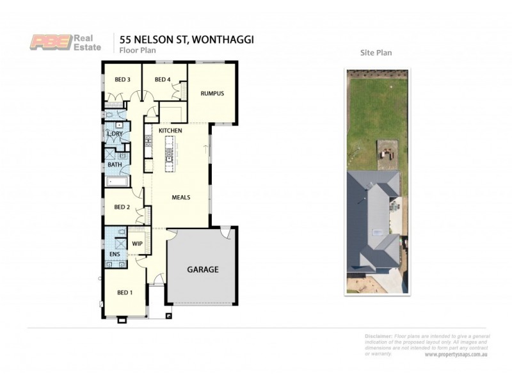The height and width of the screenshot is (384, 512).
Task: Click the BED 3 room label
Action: point(123,79)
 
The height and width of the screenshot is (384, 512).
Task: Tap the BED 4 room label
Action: point(163,79)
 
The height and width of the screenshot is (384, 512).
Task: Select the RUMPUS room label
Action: point(212,93)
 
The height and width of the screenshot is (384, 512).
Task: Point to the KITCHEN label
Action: point(171,131)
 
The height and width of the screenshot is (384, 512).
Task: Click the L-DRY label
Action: point(115,134)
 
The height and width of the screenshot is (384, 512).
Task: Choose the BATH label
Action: point(115,164)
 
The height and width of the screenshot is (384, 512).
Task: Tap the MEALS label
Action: point(181,197)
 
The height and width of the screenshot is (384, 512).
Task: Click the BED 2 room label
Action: point(122,207)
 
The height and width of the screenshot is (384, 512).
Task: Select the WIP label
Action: point(137,244)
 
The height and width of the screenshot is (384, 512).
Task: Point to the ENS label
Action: point(115,254)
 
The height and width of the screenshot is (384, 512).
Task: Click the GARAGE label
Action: point(202,269)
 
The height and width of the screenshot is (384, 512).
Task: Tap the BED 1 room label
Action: point(125,292)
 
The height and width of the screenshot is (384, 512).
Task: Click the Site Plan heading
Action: point(376,53)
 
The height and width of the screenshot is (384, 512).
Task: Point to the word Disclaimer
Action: point(378,336)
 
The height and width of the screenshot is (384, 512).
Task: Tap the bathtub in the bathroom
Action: point(117,182)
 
